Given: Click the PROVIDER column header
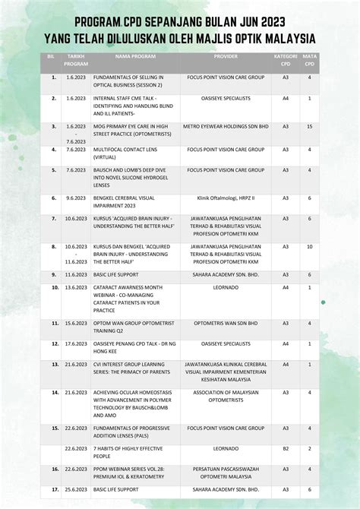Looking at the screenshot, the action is pos(226,57).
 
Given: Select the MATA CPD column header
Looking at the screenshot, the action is pos(310,60).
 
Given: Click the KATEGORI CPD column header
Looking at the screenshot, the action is pos(285,60).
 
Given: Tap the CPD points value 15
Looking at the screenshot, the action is pos(310,126).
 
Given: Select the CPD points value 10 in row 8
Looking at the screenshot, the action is pos(310,247).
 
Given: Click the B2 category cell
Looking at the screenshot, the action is pos(286,449).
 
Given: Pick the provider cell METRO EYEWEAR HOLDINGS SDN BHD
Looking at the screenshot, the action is pos(226,126).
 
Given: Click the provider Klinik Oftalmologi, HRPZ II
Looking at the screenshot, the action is pos(226,198).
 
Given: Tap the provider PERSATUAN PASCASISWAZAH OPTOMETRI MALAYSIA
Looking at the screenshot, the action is pos(226,473).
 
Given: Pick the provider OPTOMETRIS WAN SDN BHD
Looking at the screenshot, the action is pos(226,323).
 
